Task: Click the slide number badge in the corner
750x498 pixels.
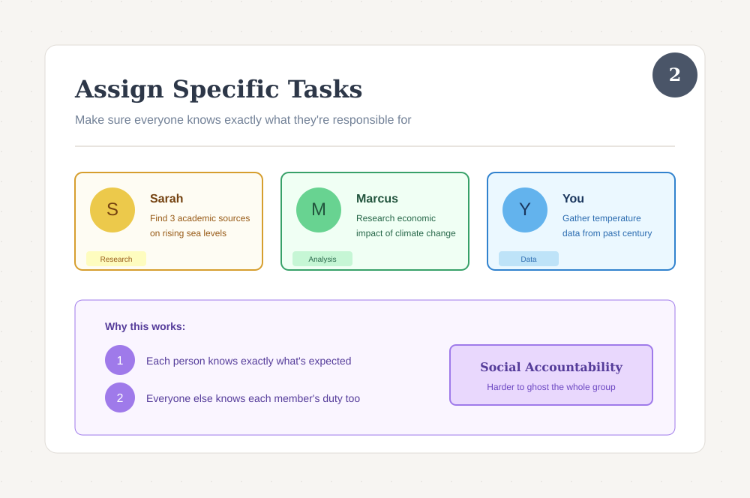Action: (x=675, y=75)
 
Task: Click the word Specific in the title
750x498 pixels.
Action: (x=226, y=89)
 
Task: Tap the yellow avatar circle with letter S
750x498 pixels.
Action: (x=112, y=210)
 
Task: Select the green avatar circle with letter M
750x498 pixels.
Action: (x=319, y=210)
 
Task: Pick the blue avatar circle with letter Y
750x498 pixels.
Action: (x=525, y=210)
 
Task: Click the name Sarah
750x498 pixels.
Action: (x=166, y=199)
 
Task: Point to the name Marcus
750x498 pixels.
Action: (x=377, y=199)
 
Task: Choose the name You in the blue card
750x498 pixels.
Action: (x=573, y=199)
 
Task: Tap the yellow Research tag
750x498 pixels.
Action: (x=116, y=259)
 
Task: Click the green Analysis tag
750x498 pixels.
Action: (x=322, y=259)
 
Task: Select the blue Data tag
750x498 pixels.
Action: (x=529, y=259)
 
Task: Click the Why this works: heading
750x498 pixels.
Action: (x=145, y=326)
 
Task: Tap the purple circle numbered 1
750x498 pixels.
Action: (x=120, y=360)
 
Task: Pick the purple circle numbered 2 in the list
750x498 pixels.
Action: (x=120, y=397)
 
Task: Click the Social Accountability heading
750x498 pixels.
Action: (x=551, y=367)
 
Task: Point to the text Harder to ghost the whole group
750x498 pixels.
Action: (x=551, y=387)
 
